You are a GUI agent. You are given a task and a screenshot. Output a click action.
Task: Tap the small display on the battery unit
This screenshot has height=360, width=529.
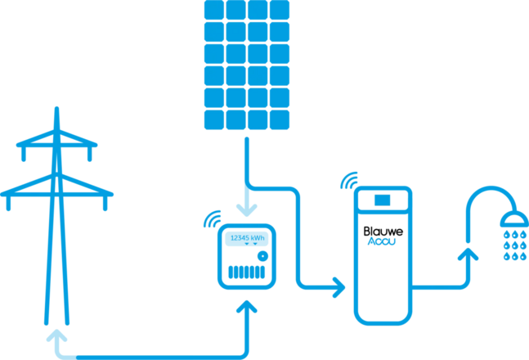point(383,200)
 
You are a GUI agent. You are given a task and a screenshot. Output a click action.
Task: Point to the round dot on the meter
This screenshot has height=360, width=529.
point(262,255)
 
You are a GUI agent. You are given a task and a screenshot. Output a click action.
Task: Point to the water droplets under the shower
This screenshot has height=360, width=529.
point(514,245)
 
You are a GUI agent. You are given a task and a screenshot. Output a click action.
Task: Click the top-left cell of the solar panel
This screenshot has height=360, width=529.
point(213,9)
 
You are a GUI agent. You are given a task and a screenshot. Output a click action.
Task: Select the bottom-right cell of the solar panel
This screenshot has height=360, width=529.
point(280,119)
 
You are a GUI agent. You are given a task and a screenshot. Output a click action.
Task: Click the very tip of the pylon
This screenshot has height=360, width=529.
point(56,108)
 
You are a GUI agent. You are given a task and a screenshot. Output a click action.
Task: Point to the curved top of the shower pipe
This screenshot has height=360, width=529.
point(484,196)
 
